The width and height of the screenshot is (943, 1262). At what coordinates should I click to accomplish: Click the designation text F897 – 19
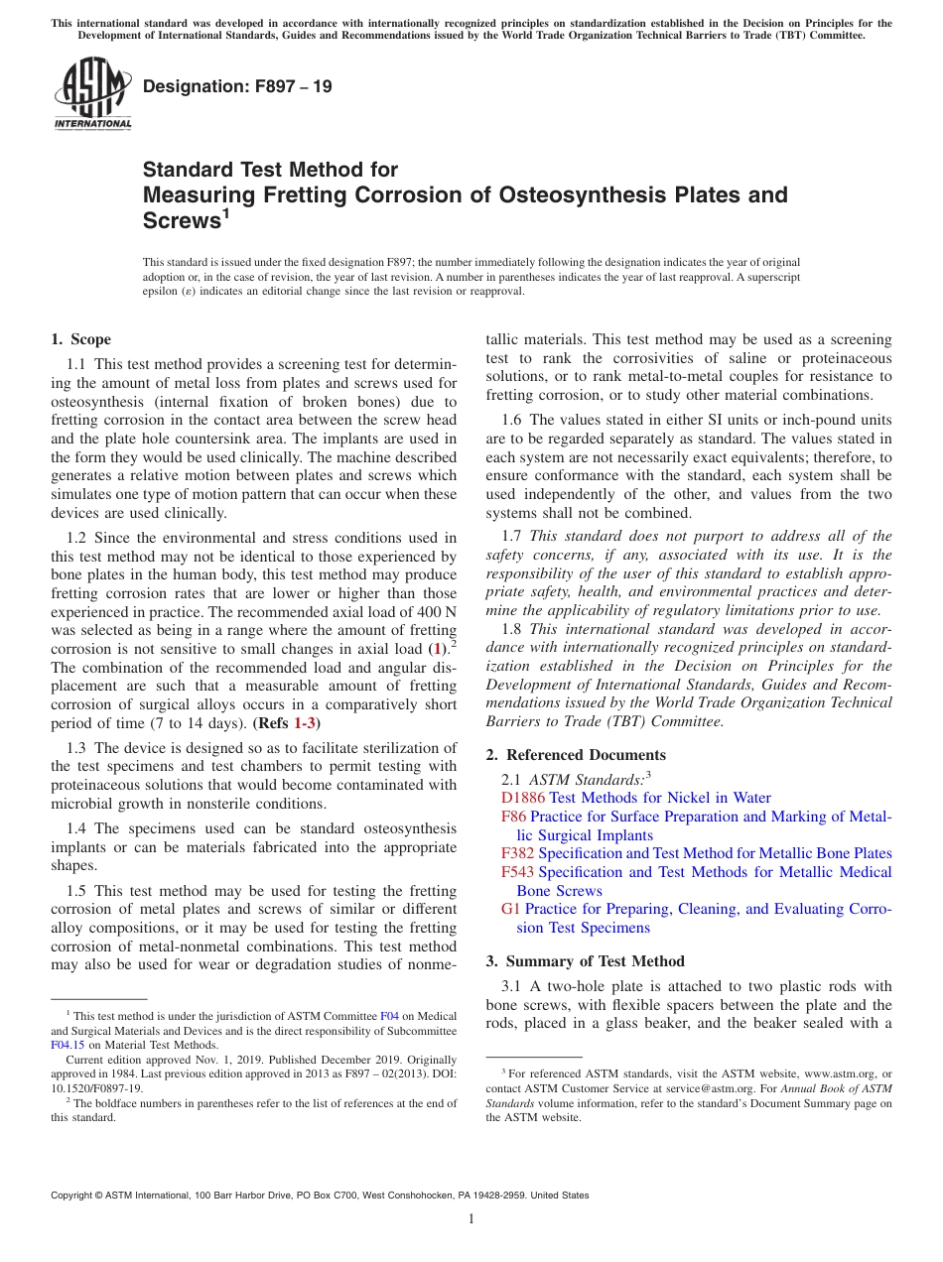coord(237,87)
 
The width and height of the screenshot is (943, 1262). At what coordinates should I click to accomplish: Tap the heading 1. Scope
coord(81,339)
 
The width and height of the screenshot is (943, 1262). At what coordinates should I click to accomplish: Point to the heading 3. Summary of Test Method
coord(586,960)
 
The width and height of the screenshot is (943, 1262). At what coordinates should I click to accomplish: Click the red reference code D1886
coord(523,798)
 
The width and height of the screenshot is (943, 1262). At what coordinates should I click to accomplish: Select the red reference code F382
coord(518,853)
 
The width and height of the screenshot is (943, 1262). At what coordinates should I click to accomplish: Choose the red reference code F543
coord(518,872)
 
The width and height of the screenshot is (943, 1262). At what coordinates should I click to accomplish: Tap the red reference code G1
coord(511,909)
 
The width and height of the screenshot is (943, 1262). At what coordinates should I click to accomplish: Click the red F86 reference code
coord(514,817)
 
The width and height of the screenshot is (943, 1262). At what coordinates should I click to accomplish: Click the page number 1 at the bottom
coord(471,1218)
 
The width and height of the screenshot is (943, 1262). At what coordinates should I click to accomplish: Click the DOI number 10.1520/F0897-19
coord(96,1087)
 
